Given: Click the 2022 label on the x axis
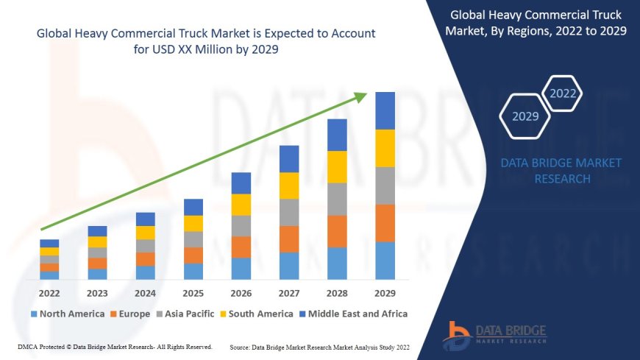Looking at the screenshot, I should point(49,292).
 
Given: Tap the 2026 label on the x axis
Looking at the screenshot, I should point(241,292).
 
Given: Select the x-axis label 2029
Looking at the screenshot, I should point(385,292).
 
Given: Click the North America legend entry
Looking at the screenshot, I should point(67,314).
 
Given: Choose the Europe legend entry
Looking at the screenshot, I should point(133,314).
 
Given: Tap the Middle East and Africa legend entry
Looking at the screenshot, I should point(354,314).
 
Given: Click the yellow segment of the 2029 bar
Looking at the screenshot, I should point(385,148).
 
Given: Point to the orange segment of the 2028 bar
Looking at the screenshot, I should point(337,231).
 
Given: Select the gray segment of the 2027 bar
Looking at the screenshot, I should point(289,212).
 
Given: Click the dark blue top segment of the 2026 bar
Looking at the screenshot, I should point(241,183).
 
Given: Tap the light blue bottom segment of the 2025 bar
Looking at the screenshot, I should point(193,272).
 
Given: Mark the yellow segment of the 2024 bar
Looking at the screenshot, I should point(146,233).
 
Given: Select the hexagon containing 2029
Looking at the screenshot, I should point(525,116).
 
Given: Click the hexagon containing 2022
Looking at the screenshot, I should point(563,93).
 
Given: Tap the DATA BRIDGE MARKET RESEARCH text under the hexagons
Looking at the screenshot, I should point(561,171).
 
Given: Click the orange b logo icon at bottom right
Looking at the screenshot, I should point(457,335).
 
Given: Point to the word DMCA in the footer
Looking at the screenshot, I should point(27,347).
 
